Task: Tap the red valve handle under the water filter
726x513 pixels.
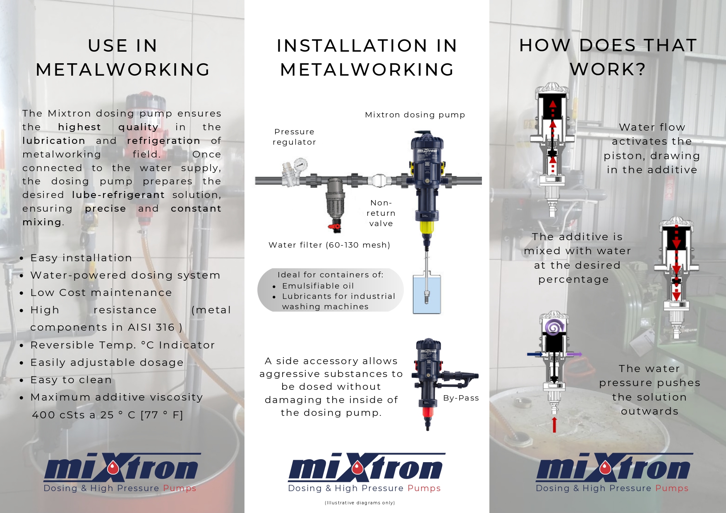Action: pos(335,226)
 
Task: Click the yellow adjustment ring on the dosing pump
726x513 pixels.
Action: pos(426,227)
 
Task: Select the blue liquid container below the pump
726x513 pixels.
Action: pos(427,293)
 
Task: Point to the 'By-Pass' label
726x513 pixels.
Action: pos(461,398)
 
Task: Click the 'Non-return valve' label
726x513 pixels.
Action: pos(381,213)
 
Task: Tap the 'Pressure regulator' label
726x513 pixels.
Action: pos(295,137)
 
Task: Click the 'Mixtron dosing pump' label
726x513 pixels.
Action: pos(415,115)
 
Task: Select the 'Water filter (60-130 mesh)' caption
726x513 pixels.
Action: pos(329,245)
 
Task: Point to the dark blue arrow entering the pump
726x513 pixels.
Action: pos(535,354)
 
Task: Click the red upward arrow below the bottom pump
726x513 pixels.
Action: pos(554,425)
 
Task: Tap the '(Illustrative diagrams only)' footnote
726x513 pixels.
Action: pos(360,503)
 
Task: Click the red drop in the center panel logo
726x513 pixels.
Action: pos(358,468)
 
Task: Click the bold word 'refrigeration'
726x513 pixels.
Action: pos(164,141)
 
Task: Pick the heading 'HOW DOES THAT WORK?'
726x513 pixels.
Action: pos(608,57)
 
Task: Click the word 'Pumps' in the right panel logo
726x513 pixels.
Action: pos(672,488)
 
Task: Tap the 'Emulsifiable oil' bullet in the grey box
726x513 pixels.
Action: pos(318,286)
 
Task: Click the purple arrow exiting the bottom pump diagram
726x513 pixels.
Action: pos(574,354)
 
